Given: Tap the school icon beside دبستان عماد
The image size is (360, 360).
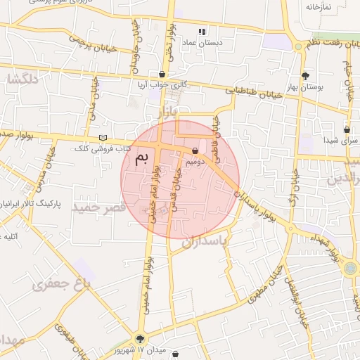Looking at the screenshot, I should (x=202, y=32).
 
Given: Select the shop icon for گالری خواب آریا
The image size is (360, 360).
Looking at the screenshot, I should (x=162, y=74).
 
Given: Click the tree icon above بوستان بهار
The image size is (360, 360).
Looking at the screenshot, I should (x=304, y=75).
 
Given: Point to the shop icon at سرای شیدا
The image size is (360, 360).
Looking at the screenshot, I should (x=347, y=129).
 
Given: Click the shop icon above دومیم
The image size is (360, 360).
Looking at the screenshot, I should (x=195, y=150).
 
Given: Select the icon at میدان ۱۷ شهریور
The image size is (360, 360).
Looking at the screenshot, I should (x=140, y=339).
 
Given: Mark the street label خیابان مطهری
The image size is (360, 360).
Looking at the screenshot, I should (x=266, y=284).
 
